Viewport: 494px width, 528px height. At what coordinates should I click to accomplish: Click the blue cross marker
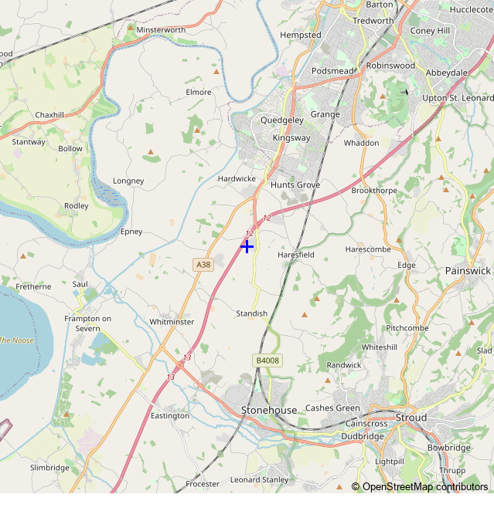247,246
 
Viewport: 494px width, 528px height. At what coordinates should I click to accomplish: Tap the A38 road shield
203,265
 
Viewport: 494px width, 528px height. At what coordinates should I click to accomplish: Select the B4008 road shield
267,360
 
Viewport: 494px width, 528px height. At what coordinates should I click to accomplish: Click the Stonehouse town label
268,410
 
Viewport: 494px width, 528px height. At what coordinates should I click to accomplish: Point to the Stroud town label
411,418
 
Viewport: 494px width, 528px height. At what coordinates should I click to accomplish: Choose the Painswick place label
468,271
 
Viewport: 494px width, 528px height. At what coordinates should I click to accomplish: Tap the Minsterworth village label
161,30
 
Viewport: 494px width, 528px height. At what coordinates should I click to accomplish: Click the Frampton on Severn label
88,323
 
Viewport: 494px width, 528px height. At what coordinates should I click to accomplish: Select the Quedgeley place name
282,120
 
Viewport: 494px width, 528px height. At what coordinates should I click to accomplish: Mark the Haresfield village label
296,254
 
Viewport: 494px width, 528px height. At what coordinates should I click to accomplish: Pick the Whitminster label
172,322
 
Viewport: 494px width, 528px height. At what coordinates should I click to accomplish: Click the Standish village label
251,313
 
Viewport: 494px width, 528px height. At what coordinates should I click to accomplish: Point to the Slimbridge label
49,468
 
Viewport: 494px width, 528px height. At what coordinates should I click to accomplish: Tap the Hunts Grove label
295,185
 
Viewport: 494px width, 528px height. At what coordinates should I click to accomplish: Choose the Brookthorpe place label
374,191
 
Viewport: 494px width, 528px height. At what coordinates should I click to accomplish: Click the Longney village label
128,181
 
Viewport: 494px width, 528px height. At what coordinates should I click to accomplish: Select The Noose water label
15,340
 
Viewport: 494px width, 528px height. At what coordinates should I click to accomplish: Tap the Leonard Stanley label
259,480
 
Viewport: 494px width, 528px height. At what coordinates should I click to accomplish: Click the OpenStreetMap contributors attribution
420,486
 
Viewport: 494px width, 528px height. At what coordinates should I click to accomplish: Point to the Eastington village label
170,416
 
